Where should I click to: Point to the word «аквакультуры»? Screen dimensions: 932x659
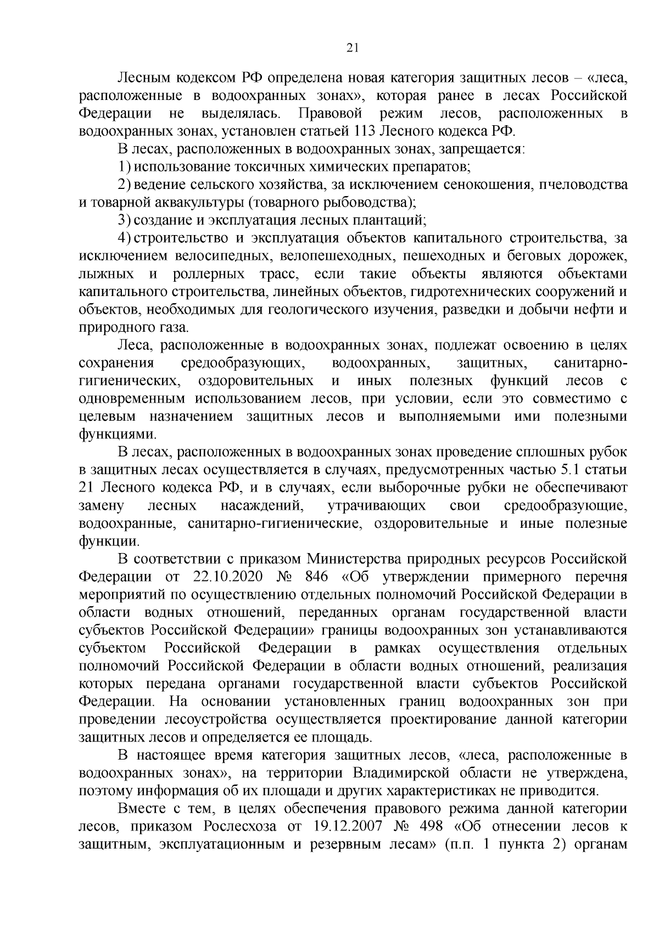(x=191, y=202)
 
